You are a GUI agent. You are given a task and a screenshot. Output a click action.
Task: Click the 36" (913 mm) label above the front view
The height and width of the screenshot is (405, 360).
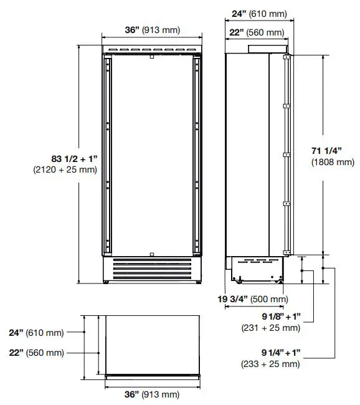coord(152,29)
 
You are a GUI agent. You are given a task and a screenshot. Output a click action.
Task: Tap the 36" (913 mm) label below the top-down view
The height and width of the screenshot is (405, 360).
coord(152,394)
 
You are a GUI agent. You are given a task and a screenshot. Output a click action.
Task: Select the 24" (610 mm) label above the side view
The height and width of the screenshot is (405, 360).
coord(258,12)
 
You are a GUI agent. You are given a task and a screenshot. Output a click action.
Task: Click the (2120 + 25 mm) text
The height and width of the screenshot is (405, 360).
coord(65,169)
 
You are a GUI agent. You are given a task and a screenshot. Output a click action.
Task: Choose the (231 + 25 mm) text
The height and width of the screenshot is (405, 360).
coord(272,327)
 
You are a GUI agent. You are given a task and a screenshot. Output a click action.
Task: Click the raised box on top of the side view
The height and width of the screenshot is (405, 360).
coord(266,49)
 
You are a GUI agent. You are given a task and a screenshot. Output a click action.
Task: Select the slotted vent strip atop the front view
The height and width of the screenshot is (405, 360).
coord(152,49)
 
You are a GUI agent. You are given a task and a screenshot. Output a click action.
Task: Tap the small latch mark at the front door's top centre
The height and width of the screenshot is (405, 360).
coord(151,57)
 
